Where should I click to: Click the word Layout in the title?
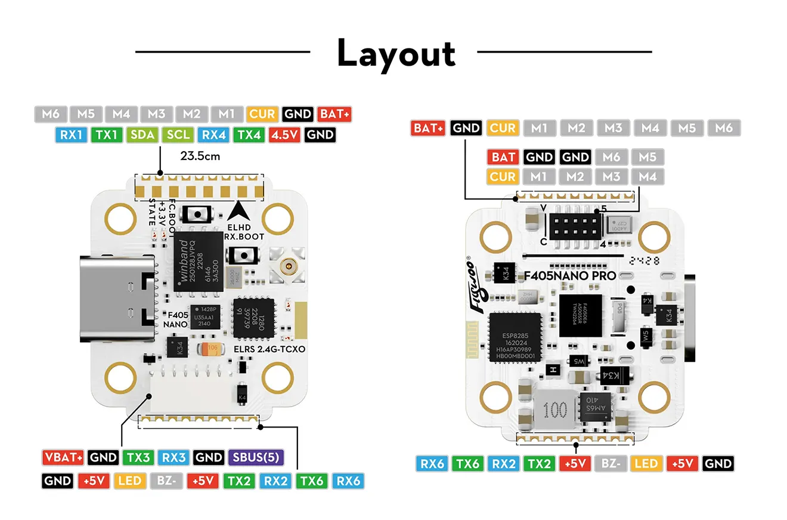coord(396,53)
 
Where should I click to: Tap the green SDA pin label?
coord(142,134)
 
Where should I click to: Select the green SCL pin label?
coord(178,134)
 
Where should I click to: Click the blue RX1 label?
coord(71,134)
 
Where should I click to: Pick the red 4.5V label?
coord(284,134)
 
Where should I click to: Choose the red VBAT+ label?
coord(63,458)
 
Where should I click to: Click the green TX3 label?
coord(138,458)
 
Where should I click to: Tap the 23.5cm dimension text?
coord(200,157)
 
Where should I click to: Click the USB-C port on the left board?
coord(117,299)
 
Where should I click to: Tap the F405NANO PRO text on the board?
coord(569,276)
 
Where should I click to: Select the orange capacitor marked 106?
coord(212,348)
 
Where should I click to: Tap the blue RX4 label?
coord(213,134)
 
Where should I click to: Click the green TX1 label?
coord(107,134)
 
